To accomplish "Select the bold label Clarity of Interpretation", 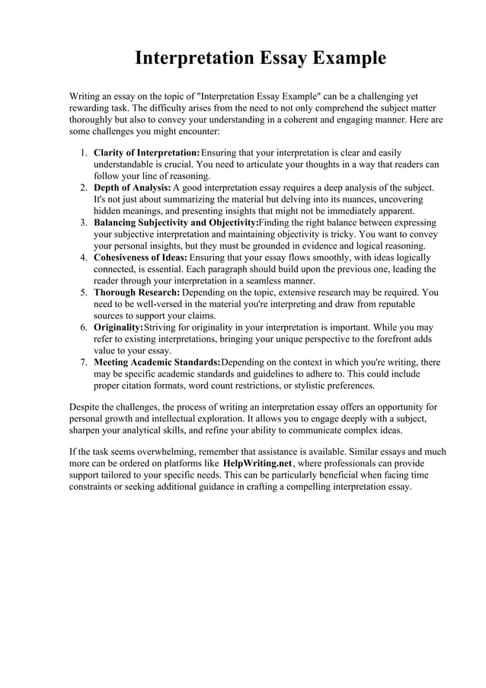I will tap(146, 153).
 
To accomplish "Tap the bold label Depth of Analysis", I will tap(132, 187).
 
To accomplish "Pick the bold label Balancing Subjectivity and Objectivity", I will tap(176, 222).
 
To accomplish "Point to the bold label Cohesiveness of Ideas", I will tap(140, 258).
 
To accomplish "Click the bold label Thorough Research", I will tap(137, 292).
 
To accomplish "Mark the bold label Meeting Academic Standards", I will tap(156, 362).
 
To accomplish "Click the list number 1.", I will tap(84, 153).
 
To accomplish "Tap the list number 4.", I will tap(84, 258).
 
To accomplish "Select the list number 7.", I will tap(84, 362).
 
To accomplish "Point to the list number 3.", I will tap(84, 222).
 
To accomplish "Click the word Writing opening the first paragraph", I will tap(86, 98).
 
